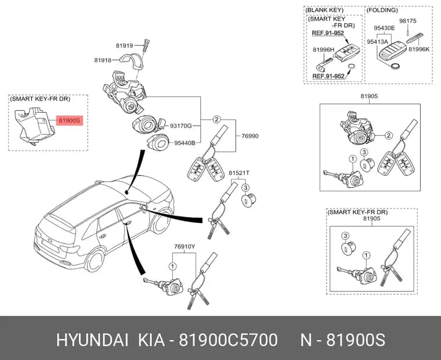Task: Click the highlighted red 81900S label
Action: click(x=70, y=121)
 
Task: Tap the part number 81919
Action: click(x=124, y=45)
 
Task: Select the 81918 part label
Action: click(x=103, y=60)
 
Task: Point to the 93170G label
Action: click(x=180, y=126)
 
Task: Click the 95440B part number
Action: click(x=185, y=143)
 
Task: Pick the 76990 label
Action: click(x=250, y=136)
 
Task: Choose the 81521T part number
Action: click(x=239, y=172)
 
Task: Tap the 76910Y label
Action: click(x=185, y=247)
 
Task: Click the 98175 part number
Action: click(x=408, y=21)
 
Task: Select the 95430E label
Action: click(x=384, y=28)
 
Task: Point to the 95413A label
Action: click(x=377, y=41)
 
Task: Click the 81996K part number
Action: click(x=419, y=49)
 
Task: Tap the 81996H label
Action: click(x=323, y=49)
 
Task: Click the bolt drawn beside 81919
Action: click(x=146, y=45)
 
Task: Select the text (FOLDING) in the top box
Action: click(x=382, y=10)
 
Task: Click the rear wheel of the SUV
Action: click(x=95, y=260)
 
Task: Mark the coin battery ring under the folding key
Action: click(x=395, y=66)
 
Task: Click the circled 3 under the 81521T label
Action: click(x=245, y=188)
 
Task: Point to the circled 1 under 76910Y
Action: click(x=172, y=267)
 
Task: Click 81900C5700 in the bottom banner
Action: click(x=229, y=340)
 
